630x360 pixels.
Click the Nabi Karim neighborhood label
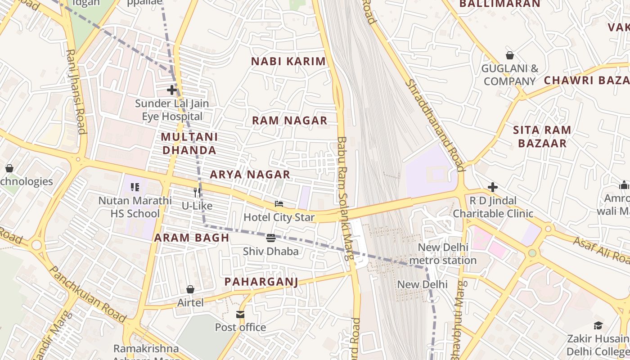(x=288, y=62)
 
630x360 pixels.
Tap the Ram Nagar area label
(x=289, y=121)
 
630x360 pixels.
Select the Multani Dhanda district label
(x=189, y=144)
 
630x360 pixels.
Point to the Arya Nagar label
(x=250, y=175)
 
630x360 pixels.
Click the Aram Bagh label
(x=192, y=238)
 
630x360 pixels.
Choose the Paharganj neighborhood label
(x=261, y=282)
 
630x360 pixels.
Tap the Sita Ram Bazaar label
(x=542, y=137)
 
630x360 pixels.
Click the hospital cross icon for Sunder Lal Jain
(x=172, y=90)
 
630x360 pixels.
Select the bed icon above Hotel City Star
(x=279, y=204)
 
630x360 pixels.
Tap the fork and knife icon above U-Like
(x=197, y=193)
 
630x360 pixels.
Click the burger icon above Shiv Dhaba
(x=270, y=238)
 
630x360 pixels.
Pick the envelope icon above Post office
(x=240, y=314)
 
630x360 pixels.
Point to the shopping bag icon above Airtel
(x=190, y=289)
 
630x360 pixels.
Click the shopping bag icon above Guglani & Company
(x=509, y=55)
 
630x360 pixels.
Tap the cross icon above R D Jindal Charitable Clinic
(x=493, y=187)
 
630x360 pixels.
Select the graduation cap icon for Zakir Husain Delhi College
(x=598, y=325)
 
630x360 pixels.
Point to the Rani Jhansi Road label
(x=76, y=91)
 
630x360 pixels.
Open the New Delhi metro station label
(x=447, y=254)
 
